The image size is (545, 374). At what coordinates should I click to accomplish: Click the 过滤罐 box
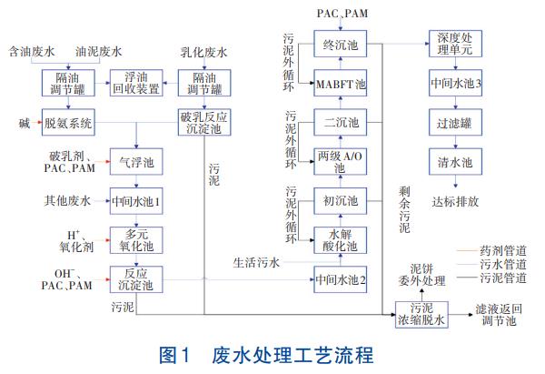click(456, 121)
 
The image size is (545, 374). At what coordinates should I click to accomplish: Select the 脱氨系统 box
click(67, 121)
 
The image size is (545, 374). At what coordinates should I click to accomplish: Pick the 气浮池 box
click(135, 161)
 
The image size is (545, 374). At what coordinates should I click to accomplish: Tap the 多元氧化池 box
click(135, 239)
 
